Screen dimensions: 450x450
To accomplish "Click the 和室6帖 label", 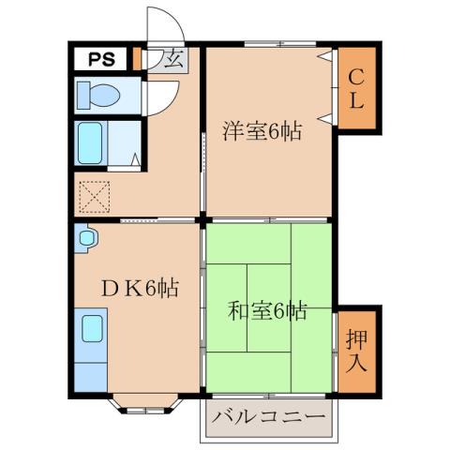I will (x=268, y=309).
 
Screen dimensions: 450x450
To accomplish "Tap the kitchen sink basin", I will (x=92, y=331).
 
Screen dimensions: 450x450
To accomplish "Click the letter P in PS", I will (x=96, y=59).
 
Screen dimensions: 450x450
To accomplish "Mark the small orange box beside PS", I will (x=137, y=58).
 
